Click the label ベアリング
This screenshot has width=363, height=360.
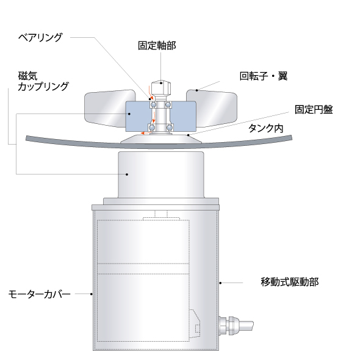[40, 37]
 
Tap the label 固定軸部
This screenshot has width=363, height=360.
[157, 45]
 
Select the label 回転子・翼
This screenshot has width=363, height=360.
[263, 76]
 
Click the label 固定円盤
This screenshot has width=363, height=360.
[314, 109]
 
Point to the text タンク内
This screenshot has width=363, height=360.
[266, 128]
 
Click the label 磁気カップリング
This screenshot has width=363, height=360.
[43, 81]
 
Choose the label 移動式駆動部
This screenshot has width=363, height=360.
[290, 282]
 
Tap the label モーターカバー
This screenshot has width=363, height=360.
[39, 294]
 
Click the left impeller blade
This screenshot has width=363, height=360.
[109, 108]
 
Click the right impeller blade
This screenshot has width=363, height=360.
[212, 108]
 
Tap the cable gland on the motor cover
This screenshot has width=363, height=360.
[235, 325]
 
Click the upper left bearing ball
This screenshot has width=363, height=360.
[153, 104]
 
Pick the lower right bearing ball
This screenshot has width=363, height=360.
[170, 128]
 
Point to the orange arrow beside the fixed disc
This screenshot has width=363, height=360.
[146, 133]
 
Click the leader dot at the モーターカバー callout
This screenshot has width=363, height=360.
[92, 294]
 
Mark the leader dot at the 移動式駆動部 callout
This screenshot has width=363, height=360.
[220, 283]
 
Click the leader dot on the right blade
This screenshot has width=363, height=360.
[196, 90]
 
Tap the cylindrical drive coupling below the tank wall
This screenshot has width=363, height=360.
[161, 175]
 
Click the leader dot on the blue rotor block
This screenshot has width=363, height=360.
[129, 113]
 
